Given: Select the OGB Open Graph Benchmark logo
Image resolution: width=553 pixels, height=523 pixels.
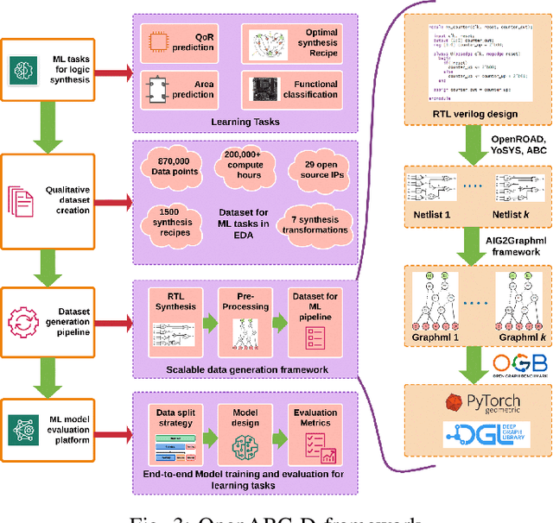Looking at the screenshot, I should [515, 367].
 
